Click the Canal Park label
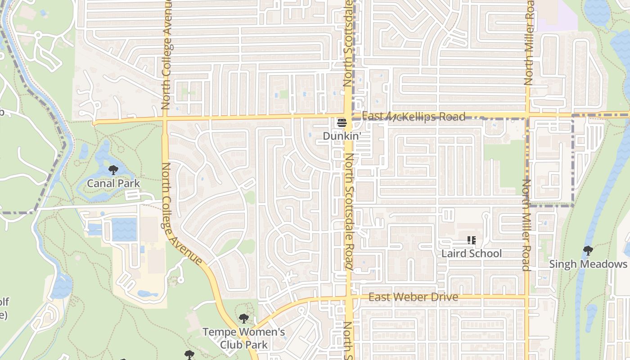[x=113, y=183]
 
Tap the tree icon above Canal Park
[x=113, y=170]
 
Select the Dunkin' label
[x=342, y=135]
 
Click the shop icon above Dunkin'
[x=342, y=122]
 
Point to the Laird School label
[x=471, y=253]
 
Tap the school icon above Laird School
[x=471, y=240]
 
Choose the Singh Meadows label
[x=588, y=264]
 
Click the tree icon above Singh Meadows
[x=588, y=251]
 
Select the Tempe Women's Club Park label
[x=243, y=338]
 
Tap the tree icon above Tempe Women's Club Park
[x=243, y=319]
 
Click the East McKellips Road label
[x=413, y=117]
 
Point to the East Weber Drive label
[x=413, y=297]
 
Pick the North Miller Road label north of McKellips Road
[x=529, y=43]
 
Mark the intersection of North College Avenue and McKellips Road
[x=165, y=119]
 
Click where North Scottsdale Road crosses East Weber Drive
[x=349, y=297]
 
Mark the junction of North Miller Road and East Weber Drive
[x=527, y=297]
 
